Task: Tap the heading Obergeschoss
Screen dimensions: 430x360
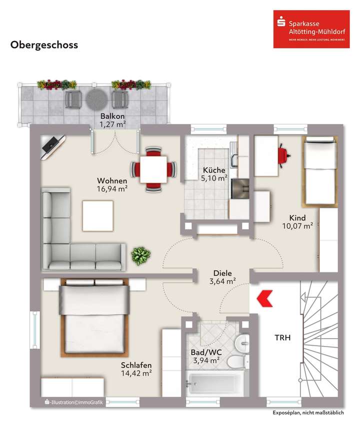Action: tap(44, 45)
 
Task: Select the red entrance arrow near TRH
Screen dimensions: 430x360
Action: tap(263, 299)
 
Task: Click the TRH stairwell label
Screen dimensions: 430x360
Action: tap(282, 338)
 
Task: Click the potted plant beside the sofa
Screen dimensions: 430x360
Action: tap(140, 256)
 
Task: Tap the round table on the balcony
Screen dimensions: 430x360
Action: tap(96, 99)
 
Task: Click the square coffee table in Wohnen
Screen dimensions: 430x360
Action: tap(97, 215)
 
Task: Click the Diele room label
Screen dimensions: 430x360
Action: tap(222, 273)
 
